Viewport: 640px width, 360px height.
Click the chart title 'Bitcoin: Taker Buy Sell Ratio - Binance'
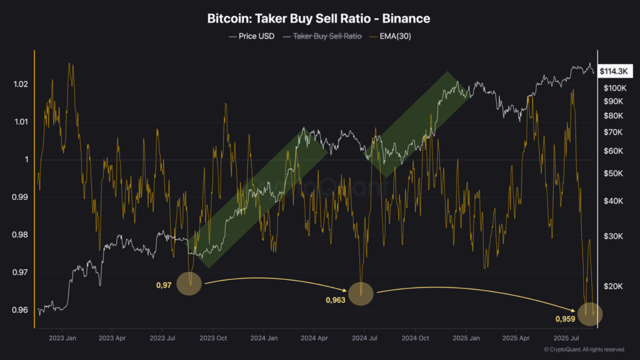click(x=319, y=19)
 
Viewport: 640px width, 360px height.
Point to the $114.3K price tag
click(x=613, y=71)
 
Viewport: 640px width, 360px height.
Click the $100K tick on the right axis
click(x=615, y=88)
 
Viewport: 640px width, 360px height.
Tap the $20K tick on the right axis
click(x=613, y=286)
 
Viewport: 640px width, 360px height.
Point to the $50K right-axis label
click(x=613, y=173)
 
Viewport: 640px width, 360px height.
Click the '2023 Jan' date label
click(x=63, y=338)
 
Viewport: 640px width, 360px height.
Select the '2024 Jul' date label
click(x=364, y=338)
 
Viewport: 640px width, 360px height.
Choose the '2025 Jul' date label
click(x=567, y=338)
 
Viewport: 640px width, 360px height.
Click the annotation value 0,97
click(x=164, y=285)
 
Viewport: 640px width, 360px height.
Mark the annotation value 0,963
click(x=335, y=300)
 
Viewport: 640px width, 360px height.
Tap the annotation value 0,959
click(x=565, y=319)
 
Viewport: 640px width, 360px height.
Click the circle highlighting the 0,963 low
click(x=361, y=293)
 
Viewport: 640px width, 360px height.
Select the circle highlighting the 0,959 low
click(x=590, y=314)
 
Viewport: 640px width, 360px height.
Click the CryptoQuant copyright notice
click(x=583, y=349)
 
